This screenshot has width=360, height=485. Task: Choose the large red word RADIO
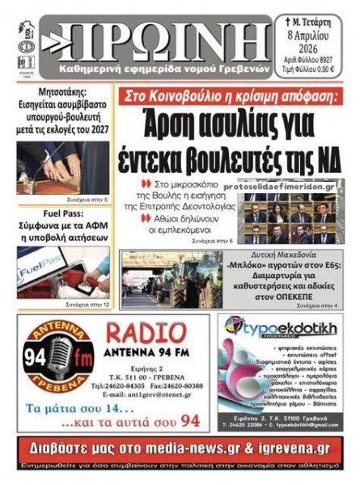click(151, 333)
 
